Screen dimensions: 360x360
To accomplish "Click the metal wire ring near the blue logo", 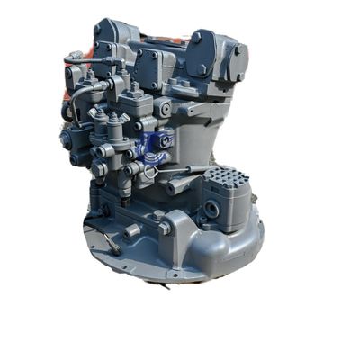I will click(149, 171).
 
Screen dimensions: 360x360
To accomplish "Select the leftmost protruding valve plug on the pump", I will click(66, 140).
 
